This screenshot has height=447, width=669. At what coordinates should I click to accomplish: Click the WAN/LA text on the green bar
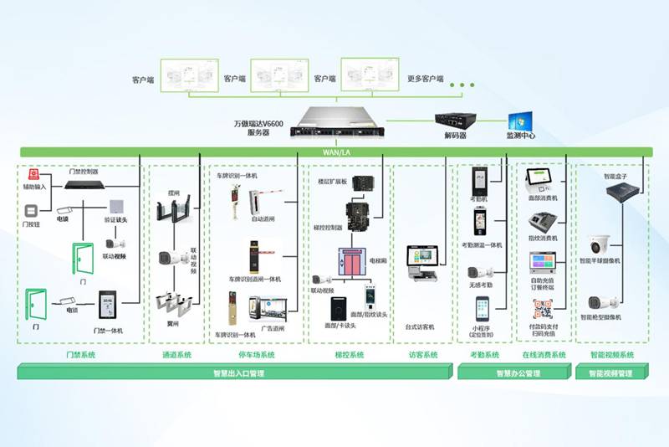point(335,152)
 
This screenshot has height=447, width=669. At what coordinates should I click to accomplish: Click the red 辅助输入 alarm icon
point(34,175)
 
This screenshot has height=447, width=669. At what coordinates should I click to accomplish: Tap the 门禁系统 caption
point(81,355)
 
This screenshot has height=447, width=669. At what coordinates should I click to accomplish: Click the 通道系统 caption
point(176,355)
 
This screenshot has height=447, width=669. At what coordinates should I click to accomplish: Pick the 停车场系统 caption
point(257,355)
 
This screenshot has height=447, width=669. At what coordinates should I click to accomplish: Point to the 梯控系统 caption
point(350,355)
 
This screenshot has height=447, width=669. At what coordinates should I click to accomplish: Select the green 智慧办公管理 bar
point(513,374)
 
